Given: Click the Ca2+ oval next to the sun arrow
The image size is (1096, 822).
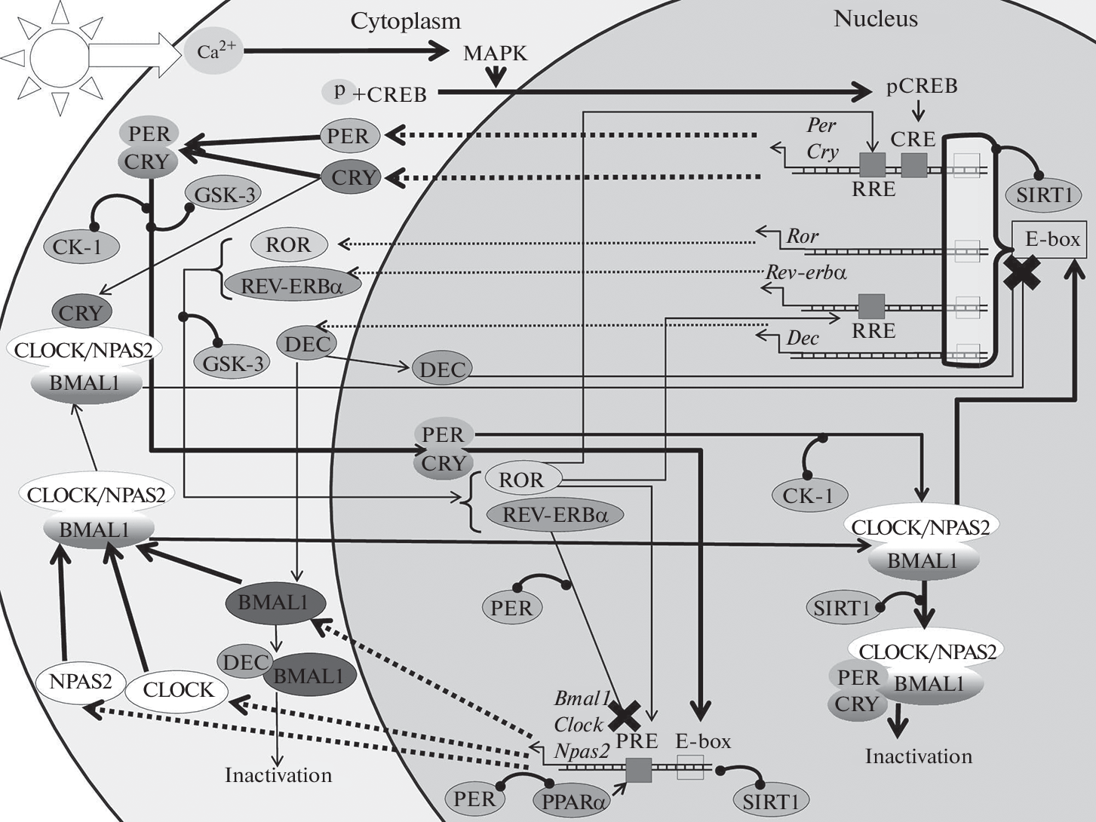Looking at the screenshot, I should coord(215,51).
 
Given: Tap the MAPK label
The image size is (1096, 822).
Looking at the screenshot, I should coord(495,54).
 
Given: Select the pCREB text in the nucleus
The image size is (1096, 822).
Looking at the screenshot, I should coord(922,87).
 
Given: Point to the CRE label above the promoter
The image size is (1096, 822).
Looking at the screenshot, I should coord(913,140).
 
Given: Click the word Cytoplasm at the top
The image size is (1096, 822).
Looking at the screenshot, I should coord(405,22).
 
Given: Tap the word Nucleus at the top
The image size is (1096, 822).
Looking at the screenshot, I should coord(875,19).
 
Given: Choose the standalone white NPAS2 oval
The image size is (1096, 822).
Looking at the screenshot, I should coord(80,682).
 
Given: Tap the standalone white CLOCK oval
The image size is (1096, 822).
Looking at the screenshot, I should coord(178,689).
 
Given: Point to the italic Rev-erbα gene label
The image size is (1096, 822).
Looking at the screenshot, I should coord(806,272).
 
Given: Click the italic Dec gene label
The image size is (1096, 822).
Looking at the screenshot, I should coord(802,338).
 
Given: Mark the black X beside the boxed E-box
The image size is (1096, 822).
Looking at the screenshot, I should coord(1022,272).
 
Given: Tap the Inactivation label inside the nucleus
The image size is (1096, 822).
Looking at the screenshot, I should coord(918,756).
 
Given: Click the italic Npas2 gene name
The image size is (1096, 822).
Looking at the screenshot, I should coord(582,751).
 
